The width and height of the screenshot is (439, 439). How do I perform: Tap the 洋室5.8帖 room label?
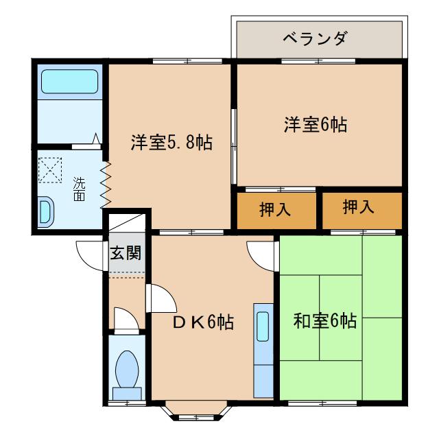click(x=171, y=143)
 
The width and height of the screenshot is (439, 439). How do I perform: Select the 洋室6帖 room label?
click(x=315, y=124)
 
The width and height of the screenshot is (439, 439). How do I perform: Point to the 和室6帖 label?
click(x=324, y=320)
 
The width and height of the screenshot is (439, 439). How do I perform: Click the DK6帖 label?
click(x=202, y=322)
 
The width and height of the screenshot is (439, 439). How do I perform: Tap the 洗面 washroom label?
click(x=80, y=189)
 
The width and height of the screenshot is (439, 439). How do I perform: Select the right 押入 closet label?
click(x=359, y=208)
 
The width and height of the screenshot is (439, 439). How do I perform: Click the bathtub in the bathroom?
click(x=70, y=82)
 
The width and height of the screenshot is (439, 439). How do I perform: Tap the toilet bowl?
click(x=127, y=370)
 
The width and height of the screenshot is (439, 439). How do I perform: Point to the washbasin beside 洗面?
click(x=45, y=211)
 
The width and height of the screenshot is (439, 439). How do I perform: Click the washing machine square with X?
click(x=51, y=170)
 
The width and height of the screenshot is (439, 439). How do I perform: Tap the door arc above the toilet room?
click(x=125, y=319)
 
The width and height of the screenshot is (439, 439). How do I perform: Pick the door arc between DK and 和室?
click(x=262, y=254)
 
